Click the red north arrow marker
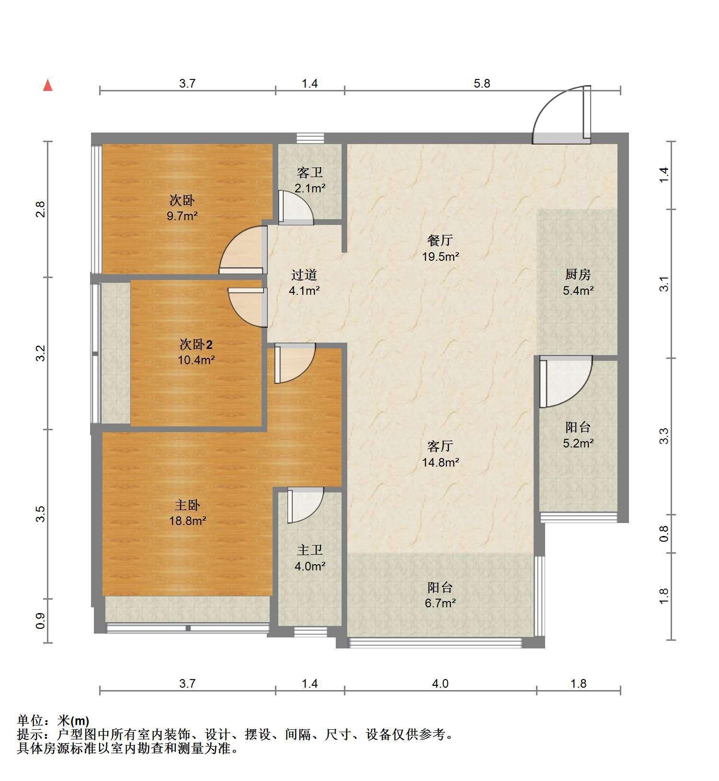coord(47,85)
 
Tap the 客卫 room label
coord(309,172)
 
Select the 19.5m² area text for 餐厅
coord(440,257)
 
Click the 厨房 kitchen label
coord(578,275)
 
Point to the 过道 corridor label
coord(304,275)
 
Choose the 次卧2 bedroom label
coord(196,344)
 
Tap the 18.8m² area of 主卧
coord(187,521)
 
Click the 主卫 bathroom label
coord(309,550)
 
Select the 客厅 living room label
coord(440,446)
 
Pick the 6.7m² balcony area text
coord(440,603)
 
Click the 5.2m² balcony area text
coord(578,443)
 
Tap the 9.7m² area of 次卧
coord(183,216)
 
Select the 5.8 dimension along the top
coord(482,83)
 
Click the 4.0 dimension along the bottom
coord(440,683)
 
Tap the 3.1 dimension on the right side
coord(664,284)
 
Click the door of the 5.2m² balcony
coord(566,381)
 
